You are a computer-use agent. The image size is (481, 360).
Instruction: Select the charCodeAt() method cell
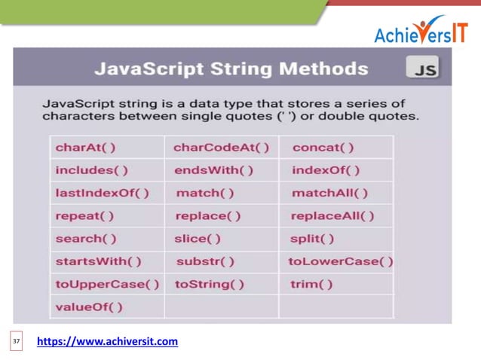coord(221,147)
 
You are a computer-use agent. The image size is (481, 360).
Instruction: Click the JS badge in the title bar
coord(422,70)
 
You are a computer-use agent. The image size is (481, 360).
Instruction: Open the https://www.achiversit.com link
coord(107,342)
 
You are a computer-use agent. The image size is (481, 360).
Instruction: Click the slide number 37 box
coord(17,342)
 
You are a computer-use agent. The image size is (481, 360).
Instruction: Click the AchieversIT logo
coord(420,29)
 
